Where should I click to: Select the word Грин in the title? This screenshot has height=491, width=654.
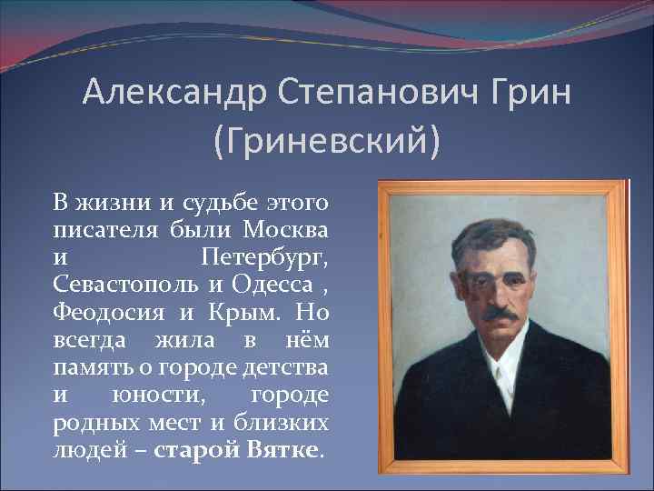(x=525, y=94)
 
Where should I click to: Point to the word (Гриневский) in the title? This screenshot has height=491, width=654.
(x=326, y=141)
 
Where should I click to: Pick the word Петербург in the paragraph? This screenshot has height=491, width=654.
(x=265, y=254)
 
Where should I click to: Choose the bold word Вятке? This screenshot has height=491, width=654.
(x=282, y=452)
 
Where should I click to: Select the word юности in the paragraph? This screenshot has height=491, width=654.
(x=151, y=396)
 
